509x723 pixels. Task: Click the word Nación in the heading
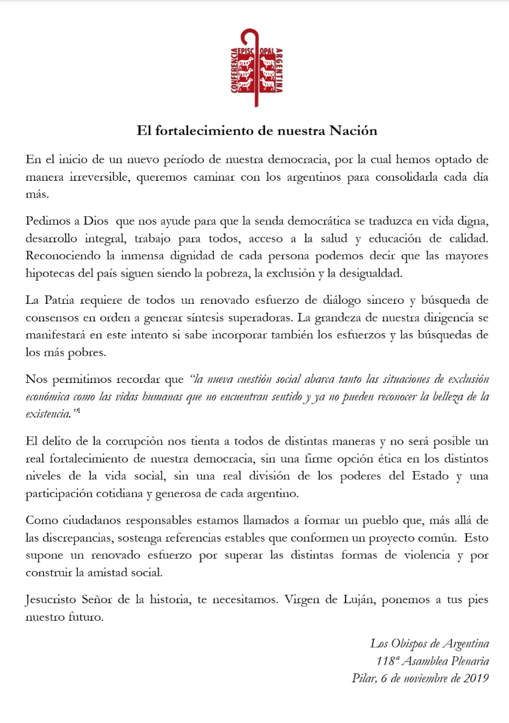click(352, 130)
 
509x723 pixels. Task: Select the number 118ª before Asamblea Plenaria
click(389, 661)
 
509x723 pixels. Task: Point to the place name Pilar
click(363, 678)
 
